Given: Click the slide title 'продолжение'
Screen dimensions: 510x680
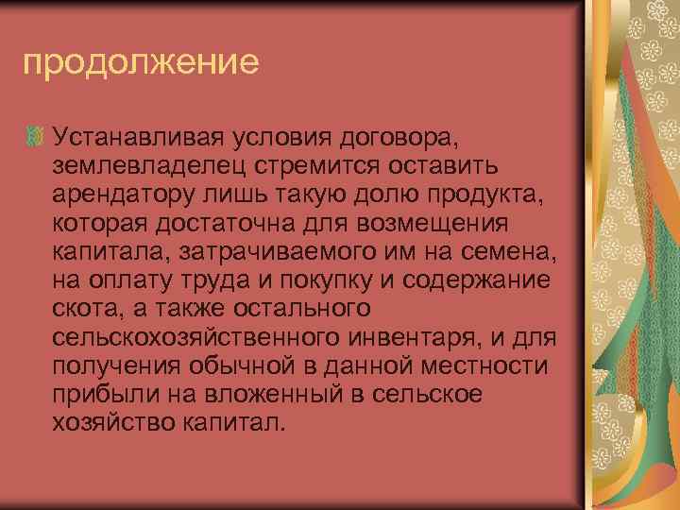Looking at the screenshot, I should (140, 63).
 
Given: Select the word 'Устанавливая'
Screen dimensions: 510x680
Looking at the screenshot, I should (138, 138).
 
